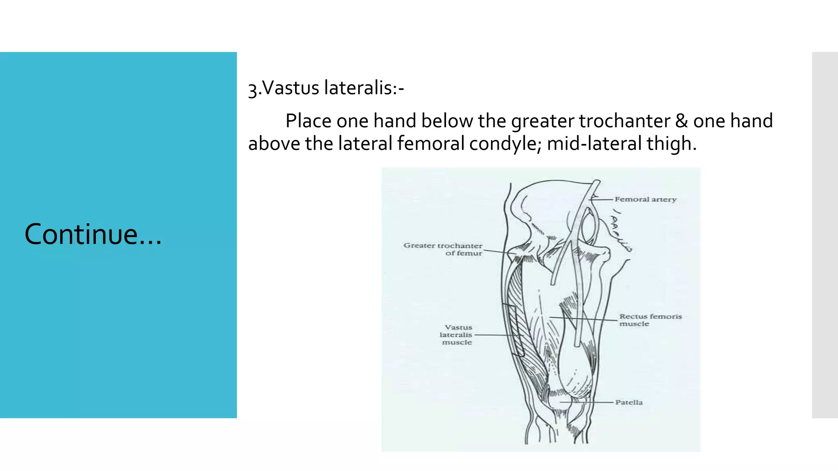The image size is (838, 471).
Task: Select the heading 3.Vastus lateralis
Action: [326, 88]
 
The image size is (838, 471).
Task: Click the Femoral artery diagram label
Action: [645, 200]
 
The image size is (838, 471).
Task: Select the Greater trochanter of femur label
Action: [444, 249]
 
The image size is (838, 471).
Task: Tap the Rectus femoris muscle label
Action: [650, 320]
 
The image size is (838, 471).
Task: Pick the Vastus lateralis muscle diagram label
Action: [457, 334]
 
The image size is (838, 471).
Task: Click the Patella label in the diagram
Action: [629, 402]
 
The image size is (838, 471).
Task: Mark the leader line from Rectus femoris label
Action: [583, 318]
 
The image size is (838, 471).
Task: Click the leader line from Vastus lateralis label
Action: [498, 335]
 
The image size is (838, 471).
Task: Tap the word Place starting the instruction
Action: [308, 121]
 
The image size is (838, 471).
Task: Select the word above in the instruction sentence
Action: [274, 144]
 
